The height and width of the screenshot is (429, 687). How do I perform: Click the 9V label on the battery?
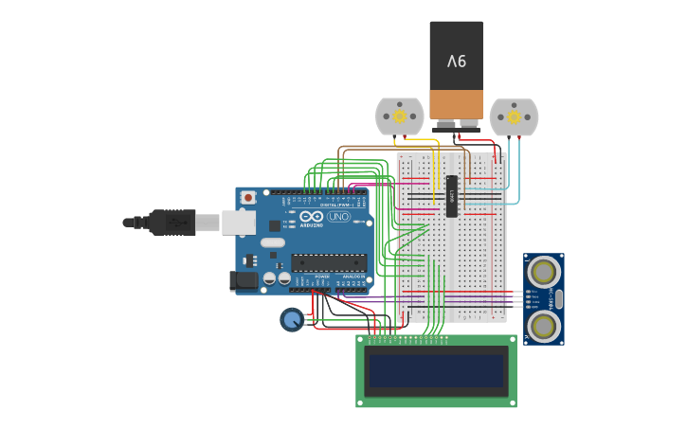(457, 62)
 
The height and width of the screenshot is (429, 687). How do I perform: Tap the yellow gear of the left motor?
(400, 116)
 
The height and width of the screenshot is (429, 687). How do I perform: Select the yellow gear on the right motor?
(514, 116)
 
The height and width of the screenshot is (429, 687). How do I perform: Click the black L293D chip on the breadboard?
(452, 196)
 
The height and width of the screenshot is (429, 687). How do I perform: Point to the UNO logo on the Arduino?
(339, 217)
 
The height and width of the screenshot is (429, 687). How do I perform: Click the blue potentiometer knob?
(292, 319)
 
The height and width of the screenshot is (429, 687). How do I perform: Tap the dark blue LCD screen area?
(436, 370)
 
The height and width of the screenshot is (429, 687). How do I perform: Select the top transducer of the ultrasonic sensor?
(543, 272)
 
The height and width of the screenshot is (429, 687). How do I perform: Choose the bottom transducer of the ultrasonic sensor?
(543, 327)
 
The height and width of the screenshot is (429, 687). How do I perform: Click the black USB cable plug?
(171, 223)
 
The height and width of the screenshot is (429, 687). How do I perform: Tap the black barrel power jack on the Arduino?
(244, 280)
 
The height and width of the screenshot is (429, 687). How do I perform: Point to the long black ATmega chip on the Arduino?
(329, 262)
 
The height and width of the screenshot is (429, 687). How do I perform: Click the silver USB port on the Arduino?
(238, 222)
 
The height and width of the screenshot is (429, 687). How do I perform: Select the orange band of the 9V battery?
(457, 104)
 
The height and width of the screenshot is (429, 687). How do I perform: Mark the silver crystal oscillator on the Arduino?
(273, 242)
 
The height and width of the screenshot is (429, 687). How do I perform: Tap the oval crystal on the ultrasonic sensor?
(558, 299)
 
